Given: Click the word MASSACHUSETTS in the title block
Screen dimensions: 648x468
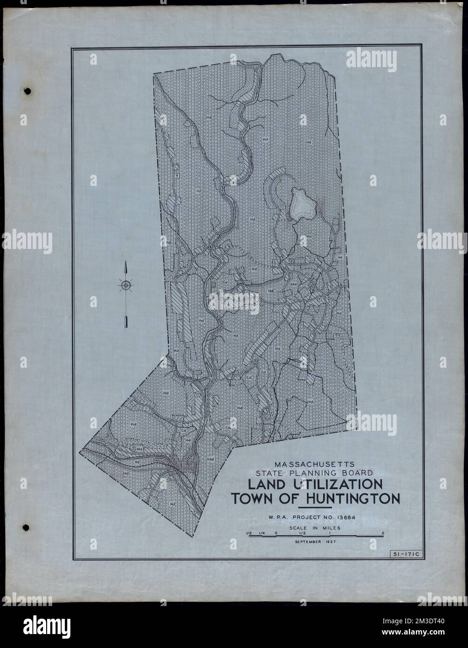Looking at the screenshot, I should [315, 464].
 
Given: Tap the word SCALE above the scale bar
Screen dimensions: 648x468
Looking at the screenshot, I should [303, 528].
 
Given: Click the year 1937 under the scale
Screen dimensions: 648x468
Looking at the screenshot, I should [331, 542].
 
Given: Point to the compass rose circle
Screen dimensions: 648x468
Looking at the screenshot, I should [125, 285].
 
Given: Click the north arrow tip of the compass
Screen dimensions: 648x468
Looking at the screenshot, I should [125, 265].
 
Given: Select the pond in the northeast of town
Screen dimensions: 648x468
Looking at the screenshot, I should [303, 204].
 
